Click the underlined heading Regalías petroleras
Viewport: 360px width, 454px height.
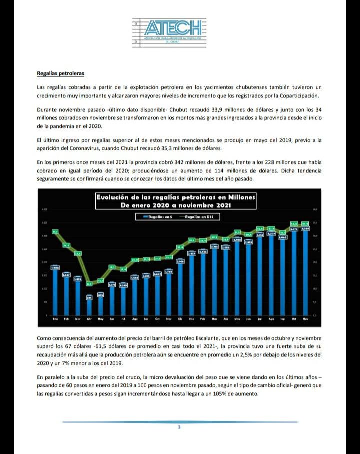pyautogui.click(x=60, y=73)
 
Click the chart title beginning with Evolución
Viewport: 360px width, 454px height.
pyautogui.click(x=175, y=201)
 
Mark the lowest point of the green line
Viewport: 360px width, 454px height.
pyautogui.click(x=89, y=284)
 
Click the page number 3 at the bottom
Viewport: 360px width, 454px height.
pyautogui.click(x=179, y=427)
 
